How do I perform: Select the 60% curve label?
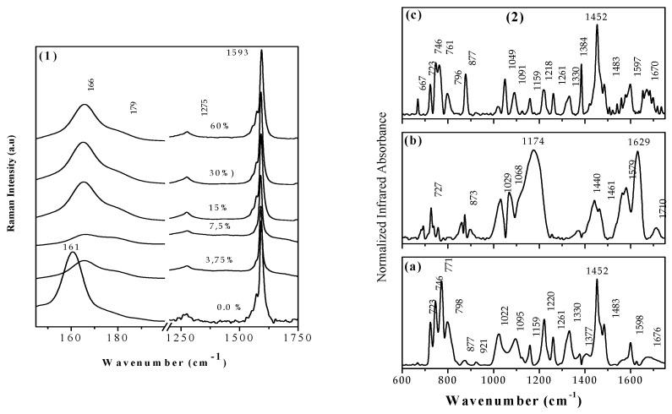pyautogui.click(x=221, y=125)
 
